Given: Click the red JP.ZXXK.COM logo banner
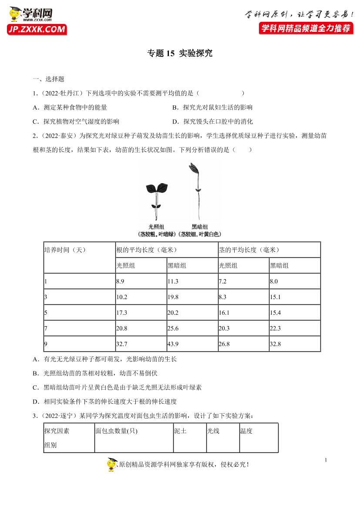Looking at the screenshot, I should pyautogui.click(x=37, y=30).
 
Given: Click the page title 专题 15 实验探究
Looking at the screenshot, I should pyautogui.click(x=180, y=54).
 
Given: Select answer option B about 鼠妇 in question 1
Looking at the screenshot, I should pyautogui.click(x=212, y=107).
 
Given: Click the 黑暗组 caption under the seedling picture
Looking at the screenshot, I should pyautogui.click(x=200, y=227).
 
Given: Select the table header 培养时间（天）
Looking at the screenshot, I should pyautogui.click(x=65, y=250).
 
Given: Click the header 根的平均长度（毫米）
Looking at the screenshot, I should pyautogui.click(x=146, y=250).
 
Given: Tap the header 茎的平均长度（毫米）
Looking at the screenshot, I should pyautogui.click(x=249, y=250).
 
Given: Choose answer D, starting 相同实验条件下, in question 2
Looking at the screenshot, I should pyautogui.click(x=104, y=401).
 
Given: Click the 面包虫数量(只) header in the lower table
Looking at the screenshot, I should pyautogui.click(x=116, y=431).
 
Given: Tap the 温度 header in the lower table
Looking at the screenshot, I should pyautogui.click(x=246, y=431).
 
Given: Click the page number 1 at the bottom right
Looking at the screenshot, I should pyautogui.click(x=326, y=460).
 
